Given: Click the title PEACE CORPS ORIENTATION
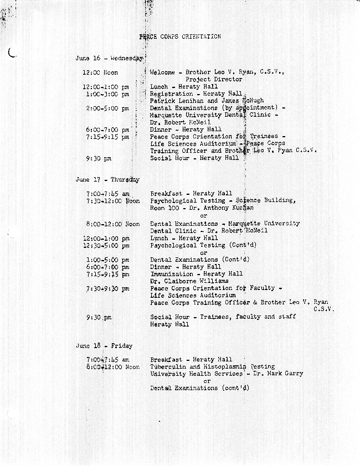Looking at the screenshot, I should pos(181,37).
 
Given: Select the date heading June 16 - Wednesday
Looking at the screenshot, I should pos(109,58).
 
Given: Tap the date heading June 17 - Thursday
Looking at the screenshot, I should pos(107,180).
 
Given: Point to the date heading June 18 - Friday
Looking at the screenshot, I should pos(104,346).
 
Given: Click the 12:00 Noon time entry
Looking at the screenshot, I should pos(100,73).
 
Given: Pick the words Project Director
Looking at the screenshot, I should pos(214,80).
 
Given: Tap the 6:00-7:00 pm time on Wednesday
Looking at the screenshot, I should pos(107,130).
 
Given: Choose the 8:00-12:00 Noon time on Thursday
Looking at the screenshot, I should pos(113,224).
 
